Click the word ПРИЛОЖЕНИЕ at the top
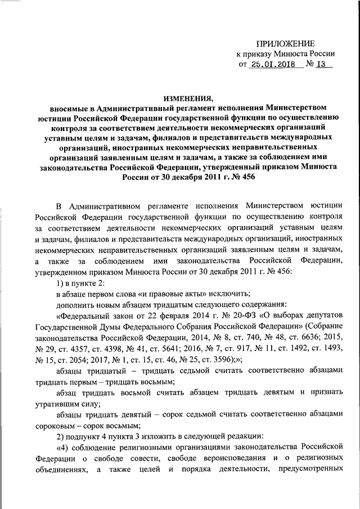[x=285, y=43]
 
